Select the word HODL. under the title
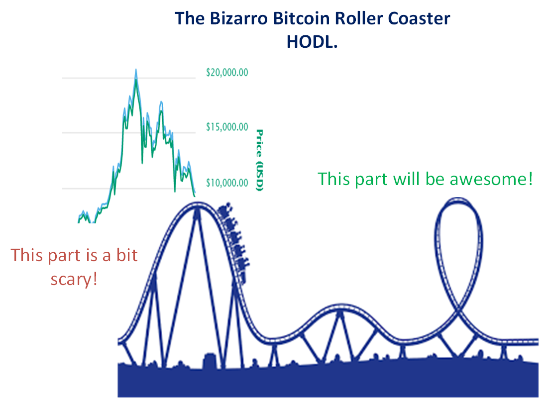(312, 42)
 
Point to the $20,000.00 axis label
(227, 73)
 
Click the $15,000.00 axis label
(227, 127)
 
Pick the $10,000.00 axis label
(227, 183)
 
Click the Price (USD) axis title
(259, 160)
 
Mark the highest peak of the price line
(136, 70)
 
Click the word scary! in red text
(74, 280)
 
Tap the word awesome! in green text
(491, 179)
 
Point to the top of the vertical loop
(459, 199)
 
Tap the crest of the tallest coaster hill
(198, 204)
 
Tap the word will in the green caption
(407, 179)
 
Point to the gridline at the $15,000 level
(129, 132)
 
